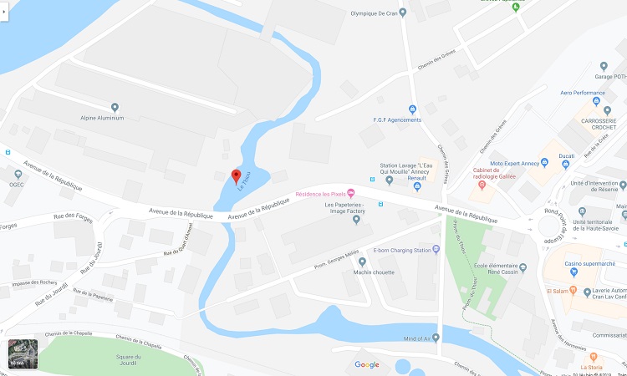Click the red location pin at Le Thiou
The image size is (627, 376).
pyautogui.click(x=236, y=175)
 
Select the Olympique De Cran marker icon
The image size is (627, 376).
pyautogui.click(x=403, y=13)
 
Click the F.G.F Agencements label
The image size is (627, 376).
pyautogui.click(x=397, y=120)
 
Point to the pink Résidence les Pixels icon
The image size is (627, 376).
pyautogui.click(x=351, y=195)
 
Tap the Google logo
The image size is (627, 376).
pyautogui.click(x=366, y=364)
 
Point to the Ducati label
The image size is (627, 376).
pyautogui.click(x=568, y=156)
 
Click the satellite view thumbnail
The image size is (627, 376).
pyautogui.click(x=23, y=355)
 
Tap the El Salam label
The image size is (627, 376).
pyautogui.click(x=557, y=292)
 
